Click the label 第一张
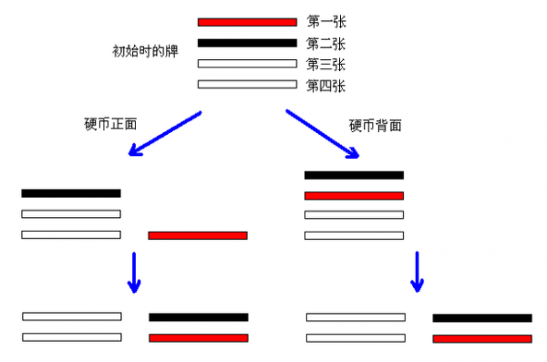click(x=326, y=20)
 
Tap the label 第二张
click(x=326, y=42)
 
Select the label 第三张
click(x=326, y=64)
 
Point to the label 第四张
click(x=326, y=86)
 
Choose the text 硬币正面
click(x=109, y=123)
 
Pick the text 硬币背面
click(x=376, y=123)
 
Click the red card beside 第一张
click(x=247, y=21)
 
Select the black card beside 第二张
click(x=247, y=43)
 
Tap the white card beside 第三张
click(x=247, y=64)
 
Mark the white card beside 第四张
click(x=247, y=85)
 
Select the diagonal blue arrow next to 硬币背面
click(x=324, y=133)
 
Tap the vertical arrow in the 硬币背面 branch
click(x=417, y=272)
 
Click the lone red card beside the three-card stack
click(x=198, y=235)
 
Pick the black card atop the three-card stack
click(x=71, y=193)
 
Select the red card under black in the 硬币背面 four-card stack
click(x=354, y=195)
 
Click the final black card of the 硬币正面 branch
click(x=199, y=317)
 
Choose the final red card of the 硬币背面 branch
click(x=482, y=338)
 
